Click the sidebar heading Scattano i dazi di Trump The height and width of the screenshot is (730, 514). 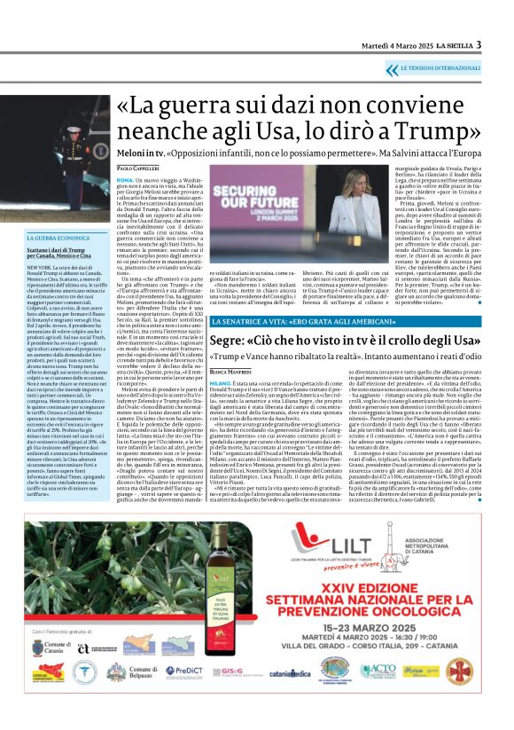pyautogui.click(x=59, y=250)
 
